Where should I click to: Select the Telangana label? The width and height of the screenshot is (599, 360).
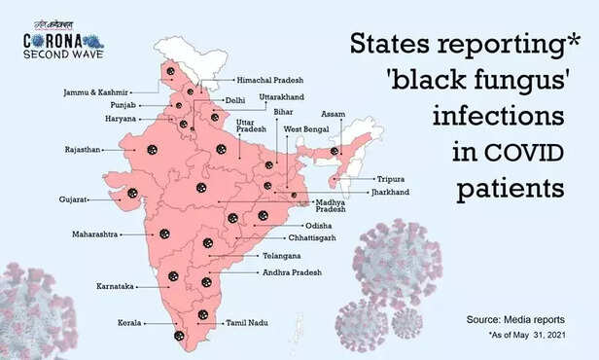[281, 255]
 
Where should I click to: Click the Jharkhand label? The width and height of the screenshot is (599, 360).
[390, 193]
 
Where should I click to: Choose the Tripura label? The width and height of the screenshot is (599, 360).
[390, 179]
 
